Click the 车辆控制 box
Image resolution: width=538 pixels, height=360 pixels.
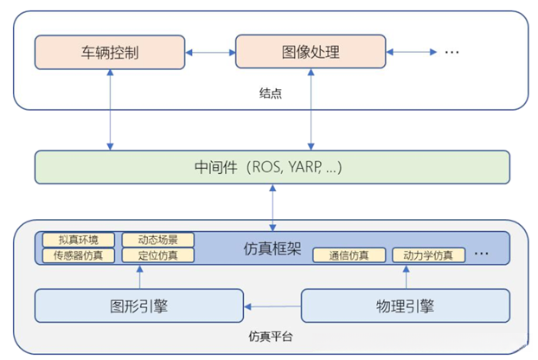click(111, 53)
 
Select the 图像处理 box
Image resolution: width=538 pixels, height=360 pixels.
click(311, 53)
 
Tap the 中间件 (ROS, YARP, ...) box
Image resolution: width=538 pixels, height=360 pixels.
click(272, 167)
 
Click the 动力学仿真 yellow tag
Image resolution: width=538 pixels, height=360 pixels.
click(428, 255)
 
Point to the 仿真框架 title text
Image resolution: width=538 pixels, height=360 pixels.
click(269, 248)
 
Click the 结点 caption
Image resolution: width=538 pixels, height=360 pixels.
click(271, 93)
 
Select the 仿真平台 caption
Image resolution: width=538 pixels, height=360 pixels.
click(271, 337)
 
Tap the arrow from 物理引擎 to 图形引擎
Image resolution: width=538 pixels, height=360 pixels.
click(272, 305)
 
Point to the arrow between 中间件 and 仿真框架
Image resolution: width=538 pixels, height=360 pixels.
click(273, 207)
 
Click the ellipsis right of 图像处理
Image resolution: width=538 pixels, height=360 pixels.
click(452, 54)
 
